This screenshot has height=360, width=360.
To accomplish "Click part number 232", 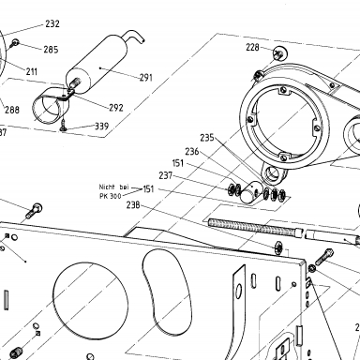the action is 52,23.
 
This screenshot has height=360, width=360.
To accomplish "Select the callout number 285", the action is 51,50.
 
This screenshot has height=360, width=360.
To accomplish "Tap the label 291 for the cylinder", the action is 146,78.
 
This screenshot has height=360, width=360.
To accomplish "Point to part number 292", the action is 116,108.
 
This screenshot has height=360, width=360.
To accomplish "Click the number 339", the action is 102,127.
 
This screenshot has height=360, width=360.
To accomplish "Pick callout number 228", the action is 252,47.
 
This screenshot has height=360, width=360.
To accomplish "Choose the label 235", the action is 207,138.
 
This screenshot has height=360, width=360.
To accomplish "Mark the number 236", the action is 192,152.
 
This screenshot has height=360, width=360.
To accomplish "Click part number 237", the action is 166,175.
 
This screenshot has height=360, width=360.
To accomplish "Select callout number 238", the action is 133,205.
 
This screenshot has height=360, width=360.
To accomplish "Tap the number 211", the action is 32,72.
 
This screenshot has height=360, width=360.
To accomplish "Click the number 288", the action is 12,110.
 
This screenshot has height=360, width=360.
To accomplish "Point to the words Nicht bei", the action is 113,187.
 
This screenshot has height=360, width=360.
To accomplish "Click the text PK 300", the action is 111,196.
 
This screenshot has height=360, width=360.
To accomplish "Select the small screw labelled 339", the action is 64,126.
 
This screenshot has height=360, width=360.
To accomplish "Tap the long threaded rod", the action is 255,227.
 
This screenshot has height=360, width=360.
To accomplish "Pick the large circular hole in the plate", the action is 91,300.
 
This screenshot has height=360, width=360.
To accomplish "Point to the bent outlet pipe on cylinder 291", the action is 134,36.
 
